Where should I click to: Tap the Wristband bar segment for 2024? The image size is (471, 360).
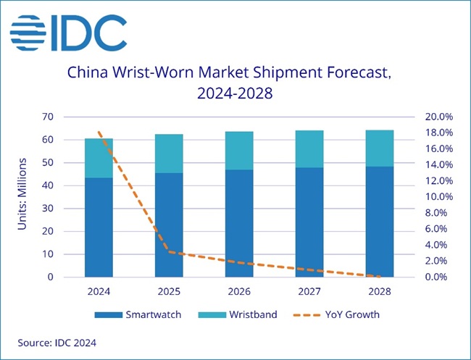99,158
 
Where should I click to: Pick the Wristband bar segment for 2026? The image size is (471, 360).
239,151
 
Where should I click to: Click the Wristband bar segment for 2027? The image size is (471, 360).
309,149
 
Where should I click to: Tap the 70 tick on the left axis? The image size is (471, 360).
49,117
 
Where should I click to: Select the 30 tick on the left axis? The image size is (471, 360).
49,209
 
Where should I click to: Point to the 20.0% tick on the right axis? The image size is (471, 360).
438,117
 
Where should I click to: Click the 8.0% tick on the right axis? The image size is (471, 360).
439,213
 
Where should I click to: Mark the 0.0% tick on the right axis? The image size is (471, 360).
439,277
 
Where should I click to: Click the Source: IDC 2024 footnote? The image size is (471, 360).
57,341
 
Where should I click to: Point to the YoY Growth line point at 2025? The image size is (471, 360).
169,252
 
